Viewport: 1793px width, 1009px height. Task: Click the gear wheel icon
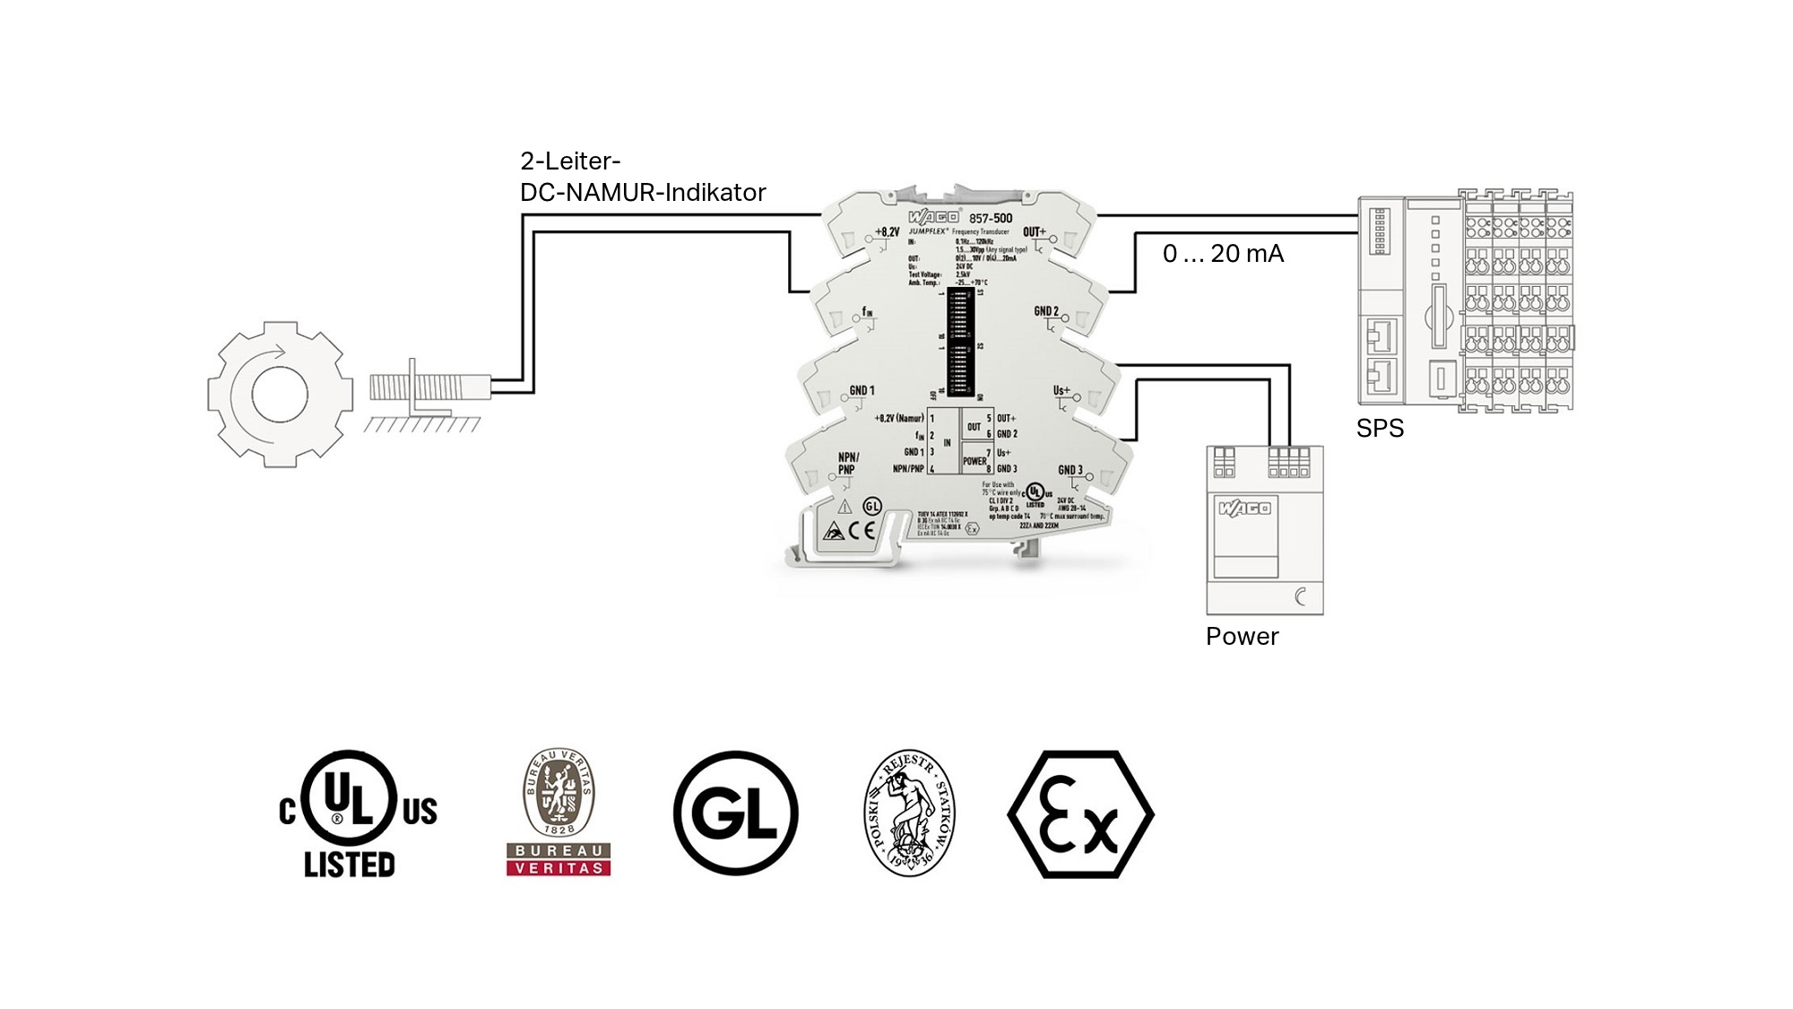tap(280, 395)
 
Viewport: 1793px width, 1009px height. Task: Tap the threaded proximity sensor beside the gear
tap(429, 387)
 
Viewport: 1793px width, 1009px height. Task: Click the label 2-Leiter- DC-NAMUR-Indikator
tap(642, 177)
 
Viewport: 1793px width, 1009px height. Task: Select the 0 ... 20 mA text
tap(1223, 254)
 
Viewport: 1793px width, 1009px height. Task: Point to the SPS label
tap(1380, 429)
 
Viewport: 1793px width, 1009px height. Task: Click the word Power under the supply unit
tap(1242, 637)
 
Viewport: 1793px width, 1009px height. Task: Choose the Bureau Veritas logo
tap(559, 813)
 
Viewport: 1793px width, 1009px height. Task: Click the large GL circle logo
tap(736, 813)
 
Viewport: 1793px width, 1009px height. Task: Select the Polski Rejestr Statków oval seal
tap(910, 813)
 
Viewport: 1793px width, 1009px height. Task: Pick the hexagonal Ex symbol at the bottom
tap(1080, 814)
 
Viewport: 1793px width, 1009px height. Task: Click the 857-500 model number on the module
tap(991, 218)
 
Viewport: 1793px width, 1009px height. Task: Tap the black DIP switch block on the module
tap(959, 342)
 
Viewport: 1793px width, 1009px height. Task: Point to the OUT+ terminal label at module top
tap(1035, 232)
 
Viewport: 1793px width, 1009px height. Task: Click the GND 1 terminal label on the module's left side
tap(862, 391)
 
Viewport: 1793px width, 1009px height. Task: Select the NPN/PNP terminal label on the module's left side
tap(848, 463)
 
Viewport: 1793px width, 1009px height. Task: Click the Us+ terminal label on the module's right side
tap(1061, 391)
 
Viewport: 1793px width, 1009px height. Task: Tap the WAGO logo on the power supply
tap(1244, 509)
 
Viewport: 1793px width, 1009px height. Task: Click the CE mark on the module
tap(862, 530)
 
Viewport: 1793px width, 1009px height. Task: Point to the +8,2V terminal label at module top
tap(887, 232)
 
